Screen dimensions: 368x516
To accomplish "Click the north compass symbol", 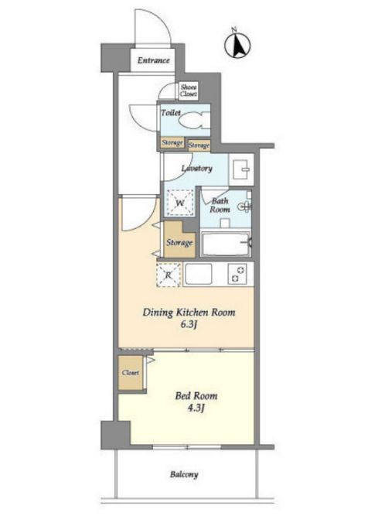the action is pos(237,44).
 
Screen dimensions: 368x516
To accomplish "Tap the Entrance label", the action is pos(153,60).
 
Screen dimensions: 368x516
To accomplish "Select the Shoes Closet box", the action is pos(189,91).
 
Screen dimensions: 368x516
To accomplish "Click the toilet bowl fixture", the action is pos(195,119).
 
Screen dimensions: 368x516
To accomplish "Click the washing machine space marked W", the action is pos(179,203).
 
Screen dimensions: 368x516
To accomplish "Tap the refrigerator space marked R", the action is pos(169,275).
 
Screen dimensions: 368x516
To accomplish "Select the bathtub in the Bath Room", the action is pos(226,244).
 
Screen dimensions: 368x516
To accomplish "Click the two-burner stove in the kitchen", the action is pos(237,274).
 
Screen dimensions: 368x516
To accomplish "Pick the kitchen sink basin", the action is pos(199,274).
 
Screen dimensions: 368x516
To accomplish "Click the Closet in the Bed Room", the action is pos(131,373).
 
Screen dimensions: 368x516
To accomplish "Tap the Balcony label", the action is pos(184,474).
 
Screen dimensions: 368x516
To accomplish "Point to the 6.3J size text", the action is pos(189,325).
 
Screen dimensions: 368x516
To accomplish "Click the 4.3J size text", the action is pos(196,408).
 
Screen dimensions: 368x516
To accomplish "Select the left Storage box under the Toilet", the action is pos(172,143).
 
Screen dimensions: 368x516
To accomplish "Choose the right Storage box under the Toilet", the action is pos(199,145).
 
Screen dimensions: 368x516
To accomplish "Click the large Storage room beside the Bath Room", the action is pos(179,240).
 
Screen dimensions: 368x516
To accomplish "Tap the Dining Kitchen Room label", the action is pos(189,313).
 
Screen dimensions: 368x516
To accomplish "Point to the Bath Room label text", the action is pos(220,205).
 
